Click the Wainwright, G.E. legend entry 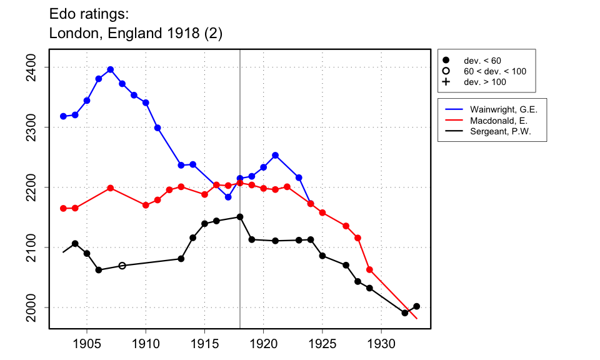click(x=503, y=109)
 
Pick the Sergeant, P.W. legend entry click(x=500, y=131)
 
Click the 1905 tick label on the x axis click(x=87, y=343)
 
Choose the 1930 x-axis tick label click(x=381, y=343)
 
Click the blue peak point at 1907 click(x=111, y=69)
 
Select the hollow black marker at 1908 click(x=122, y=266)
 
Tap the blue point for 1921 click(x=275, y=155)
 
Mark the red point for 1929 click(x=369, y=269)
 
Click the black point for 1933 click(x=417, y=306)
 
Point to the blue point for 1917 click(x=228, y=197)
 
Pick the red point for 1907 click(x=111, y=187)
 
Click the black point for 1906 click(x=99, y=270)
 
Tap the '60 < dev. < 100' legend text click(x=494, y=71)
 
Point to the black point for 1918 click(x=240, y=217)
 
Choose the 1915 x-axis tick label click(x=204, y=343)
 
